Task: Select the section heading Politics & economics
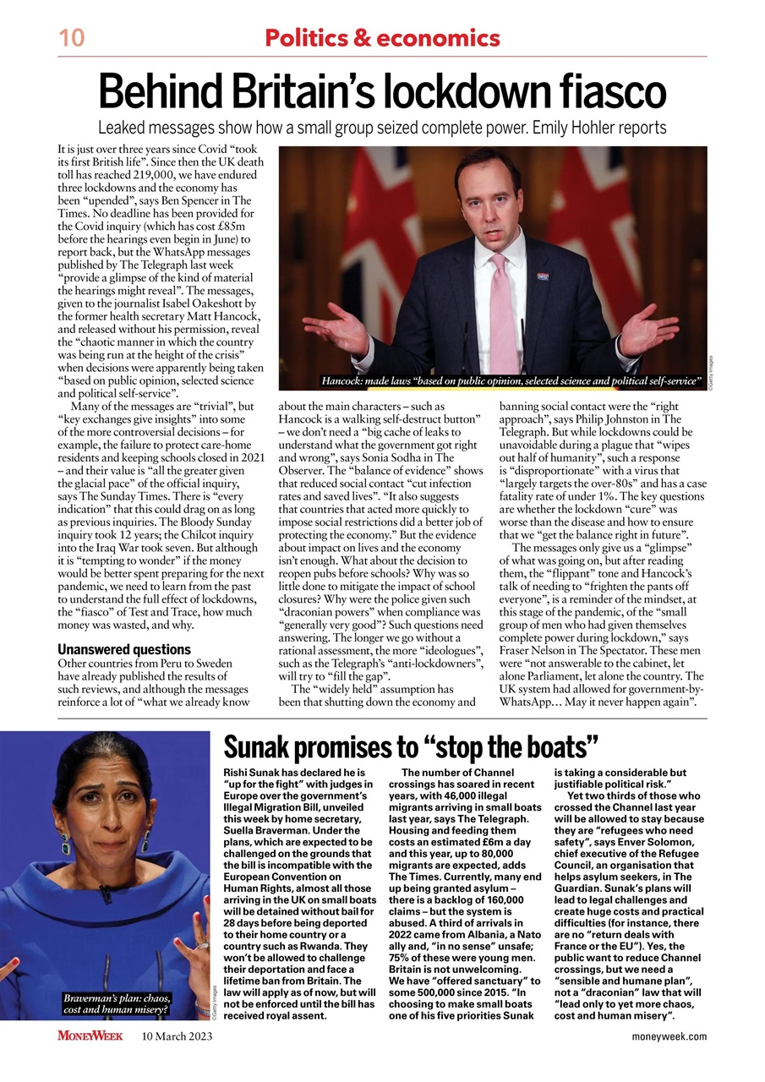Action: (x=382, y=38)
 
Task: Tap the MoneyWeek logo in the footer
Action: (x=90, y=1036)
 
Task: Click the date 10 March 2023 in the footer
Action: (x=178, y=1036)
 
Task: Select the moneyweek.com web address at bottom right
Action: (x=669, y=1036)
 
